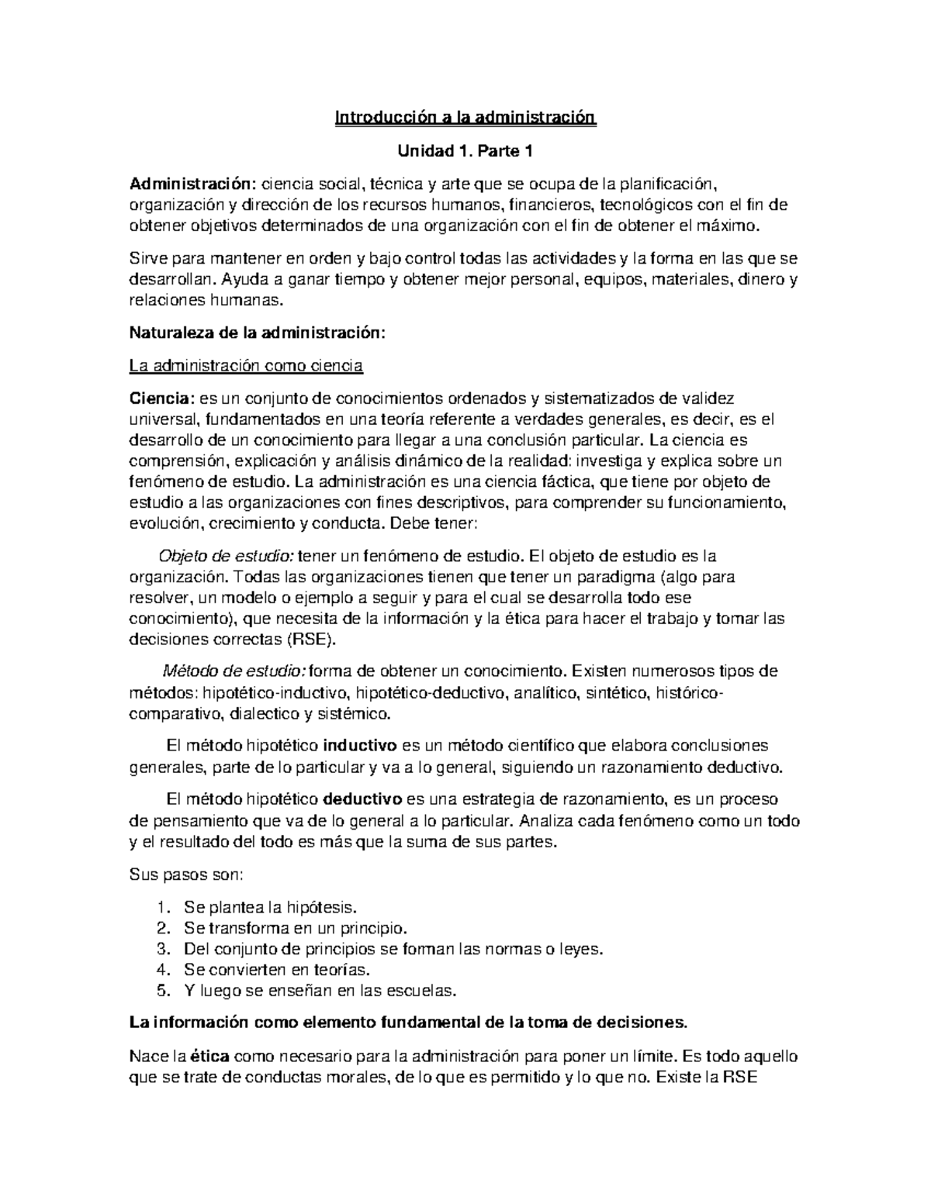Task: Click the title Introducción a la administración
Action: point(465,119)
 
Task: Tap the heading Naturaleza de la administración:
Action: point(256,333)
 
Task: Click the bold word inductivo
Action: point(359,746)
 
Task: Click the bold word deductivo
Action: point(362,799)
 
